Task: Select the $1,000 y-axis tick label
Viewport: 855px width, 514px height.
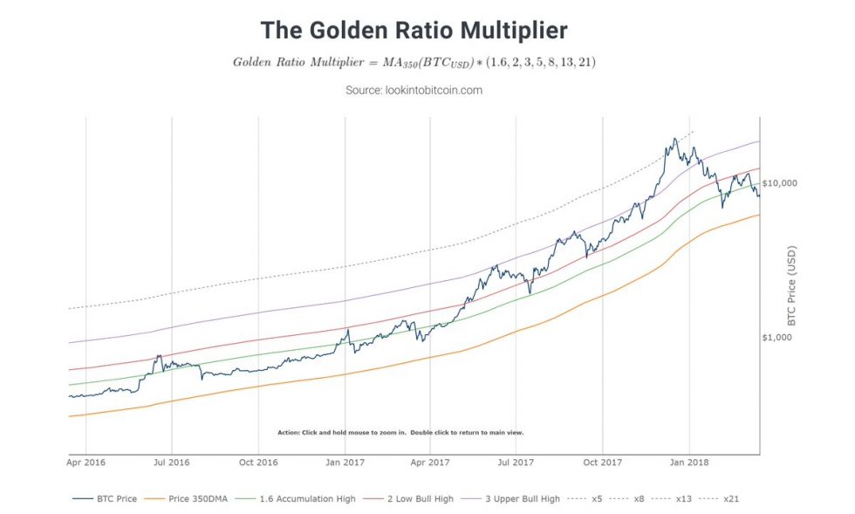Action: (x=777, y=338)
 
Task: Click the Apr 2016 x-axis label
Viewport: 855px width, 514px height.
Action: (x=87, y=463)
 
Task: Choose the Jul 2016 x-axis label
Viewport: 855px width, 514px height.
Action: (x=172, y=463)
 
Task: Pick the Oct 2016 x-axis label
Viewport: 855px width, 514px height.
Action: (x=259, y=463)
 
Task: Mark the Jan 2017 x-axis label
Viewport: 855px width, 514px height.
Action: (x=345, y=463)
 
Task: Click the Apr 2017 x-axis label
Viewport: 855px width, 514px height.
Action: (x=431, y=463)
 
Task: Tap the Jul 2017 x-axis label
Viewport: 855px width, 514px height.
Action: (x=516, y=463)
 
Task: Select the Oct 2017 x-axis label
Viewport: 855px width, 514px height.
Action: (x=604, y=463)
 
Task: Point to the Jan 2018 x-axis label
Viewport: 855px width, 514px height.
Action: (x=690, y=463)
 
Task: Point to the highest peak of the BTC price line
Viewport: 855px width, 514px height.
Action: (x=674, y=138)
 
